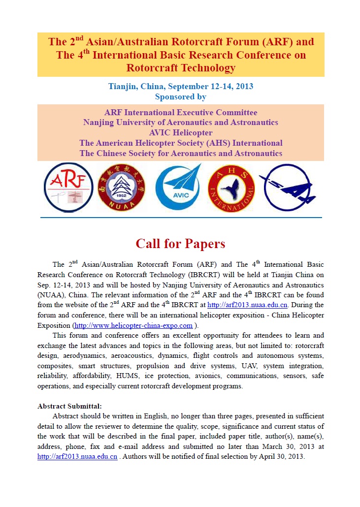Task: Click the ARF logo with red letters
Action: click(68, 187)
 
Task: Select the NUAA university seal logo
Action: click(122, 188)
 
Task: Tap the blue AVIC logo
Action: click(178, 188)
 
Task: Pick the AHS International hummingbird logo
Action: click(231, 188)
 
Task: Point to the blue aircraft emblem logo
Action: click(287, 188)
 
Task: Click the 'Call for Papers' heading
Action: click(180, 244)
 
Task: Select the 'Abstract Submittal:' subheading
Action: click(69, 406)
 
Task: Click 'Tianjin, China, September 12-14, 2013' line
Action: click(181, 87)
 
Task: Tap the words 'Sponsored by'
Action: click(181, 97)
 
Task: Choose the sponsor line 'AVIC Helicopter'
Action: click(181, 132)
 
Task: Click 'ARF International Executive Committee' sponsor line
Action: click(181, 112)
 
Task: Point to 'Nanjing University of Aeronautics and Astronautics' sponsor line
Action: click(181, 122)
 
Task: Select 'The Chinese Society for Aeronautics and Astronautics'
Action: click(181, 153)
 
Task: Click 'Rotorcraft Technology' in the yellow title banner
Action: click(181, 68)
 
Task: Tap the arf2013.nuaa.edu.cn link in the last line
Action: click(77, 456)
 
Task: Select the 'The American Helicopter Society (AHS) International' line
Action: click(181, 143)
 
